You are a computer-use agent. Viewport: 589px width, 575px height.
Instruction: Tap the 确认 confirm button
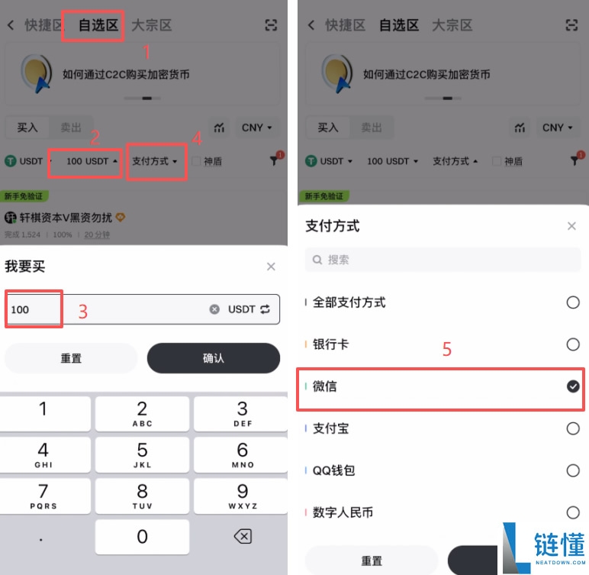214,358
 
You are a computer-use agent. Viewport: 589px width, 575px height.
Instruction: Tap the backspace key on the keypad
242,537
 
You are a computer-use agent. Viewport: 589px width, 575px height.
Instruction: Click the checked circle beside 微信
573,387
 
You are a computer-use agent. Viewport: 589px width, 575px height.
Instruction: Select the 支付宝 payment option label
330,428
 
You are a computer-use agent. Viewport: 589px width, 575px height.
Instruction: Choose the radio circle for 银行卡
573,345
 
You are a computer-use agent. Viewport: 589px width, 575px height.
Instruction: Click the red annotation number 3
83,312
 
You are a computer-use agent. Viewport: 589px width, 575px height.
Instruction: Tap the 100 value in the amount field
21,309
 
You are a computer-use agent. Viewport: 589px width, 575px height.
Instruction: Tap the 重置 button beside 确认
71,358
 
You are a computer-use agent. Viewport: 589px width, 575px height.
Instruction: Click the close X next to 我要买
271,267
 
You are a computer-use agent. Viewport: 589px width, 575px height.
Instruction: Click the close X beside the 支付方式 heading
571,226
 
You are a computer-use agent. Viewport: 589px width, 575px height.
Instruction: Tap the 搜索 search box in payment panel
443,260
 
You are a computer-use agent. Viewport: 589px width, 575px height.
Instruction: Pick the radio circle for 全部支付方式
573,303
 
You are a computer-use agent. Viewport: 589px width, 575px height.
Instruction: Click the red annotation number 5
447,350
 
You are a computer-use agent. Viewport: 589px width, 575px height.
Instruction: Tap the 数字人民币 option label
343,512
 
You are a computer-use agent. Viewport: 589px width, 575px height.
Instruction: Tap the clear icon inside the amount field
214,309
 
